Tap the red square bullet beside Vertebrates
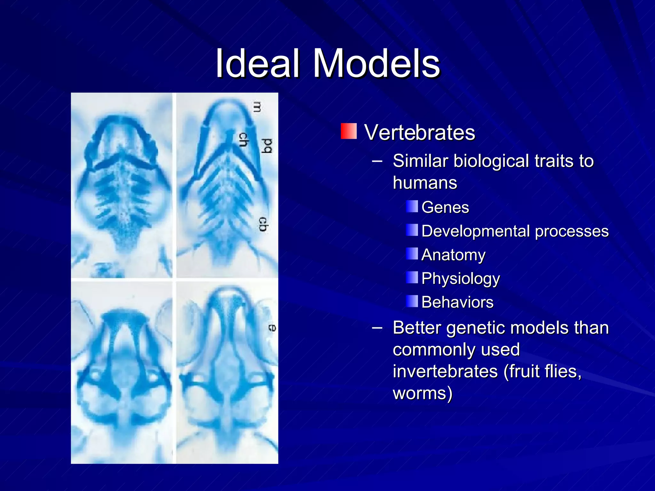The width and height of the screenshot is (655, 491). pyautogui.click(x=349, y=131)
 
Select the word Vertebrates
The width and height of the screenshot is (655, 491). pyautogui.click(x=420, y=132)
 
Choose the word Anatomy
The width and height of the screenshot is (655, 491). pyautogui.click(x=453, y=255)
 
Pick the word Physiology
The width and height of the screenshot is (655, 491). pyautogui.click(x=460, y=279)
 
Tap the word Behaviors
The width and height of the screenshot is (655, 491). pyautogui.click(x=457, y=302)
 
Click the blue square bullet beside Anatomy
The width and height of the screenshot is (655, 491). pyautogui.click(x=412, y=254)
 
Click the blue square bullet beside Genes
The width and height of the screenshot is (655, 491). pyautogui.click(x=412, y=207)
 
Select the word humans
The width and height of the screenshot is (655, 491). pyautogui.click(x=425, y=183)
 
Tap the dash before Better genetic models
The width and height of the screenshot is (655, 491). pyautogui.click(x=377, y=328)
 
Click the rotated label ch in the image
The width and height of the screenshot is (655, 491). pyautogui.click(x=244, y=140)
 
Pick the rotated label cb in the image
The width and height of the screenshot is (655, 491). pyautogui.click(x=263, y=224)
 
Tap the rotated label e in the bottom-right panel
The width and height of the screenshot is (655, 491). pyautogui.click(x=272, y=328)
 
